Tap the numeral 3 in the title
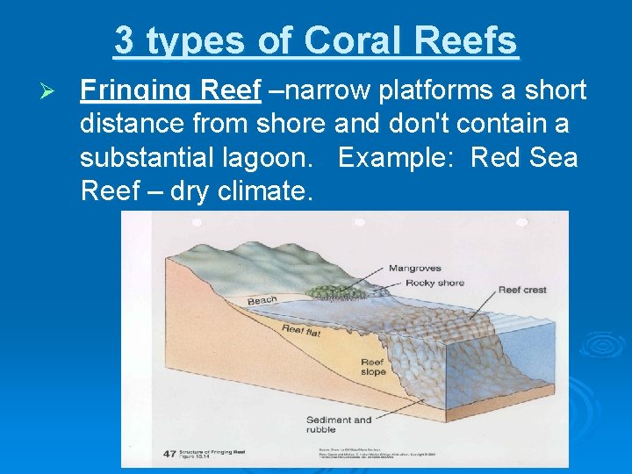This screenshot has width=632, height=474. pyautogui.click(x=124, y=40)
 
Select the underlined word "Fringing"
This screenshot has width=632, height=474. pyautogui.click(x=136, y=90)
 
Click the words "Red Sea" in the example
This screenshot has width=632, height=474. pyautogui.click(x=524, y=159)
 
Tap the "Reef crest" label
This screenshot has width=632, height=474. pyautogui.click(x=521, y=290)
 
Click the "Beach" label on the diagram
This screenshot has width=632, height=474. pyautogui.click(x=262, y=301)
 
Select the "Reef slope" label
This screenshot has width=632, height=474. pyautogui.click(x=372, y=367)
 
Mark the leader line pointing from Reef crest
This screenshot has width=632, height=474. pyautogui.click(x=478, y=307)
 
